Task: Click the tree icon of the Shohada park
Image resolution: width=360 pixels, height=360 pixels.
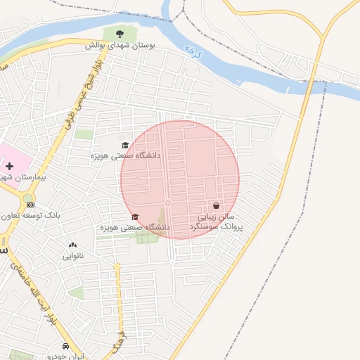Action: point(119,33)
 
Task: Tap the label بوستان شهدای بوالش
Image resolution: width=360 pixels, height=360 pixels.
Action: point(120,44)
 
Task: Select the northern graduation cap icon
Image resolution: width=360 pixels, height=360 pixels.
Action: point(125,145)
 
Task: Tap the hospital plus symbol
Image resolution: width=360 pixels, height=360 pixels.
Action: point(9,167)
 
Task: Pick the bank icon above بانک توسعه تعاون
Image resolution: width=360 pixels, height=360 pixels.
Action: point(30,205)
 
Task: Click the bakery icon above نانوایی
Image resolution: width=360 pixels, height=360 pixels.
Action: point(72,245)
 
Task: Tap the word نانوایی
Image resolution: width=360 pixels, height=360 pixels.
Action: point(72,256)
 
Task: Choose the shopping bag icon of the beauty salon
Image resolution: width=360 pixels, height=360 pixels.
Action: point(216,206)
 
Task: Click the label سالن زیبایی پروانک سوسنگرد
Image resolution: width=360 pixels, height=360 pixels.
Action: point(220,222)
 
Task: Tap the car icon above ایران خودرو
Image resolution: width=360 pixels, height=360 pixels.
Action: point(65,347)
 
